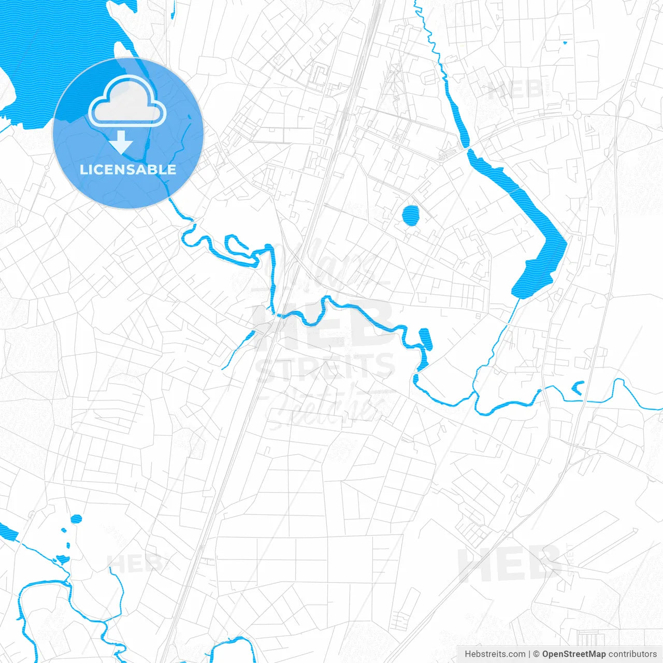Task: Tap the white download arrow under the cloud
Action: (121, 142)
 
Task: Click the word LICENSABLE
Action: (128, 169)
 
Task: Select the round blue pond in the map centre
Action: (410, 215)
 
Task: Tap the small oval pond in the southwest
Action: (76, 518)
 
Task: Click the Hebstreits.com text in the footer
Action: (495, 654)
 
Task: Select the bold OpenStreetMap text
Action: (574, 654)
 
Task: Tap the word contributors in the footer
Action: (632, 654)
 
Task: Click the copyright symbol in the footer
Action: (537, 654)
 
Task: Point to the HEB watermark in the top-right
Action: (515, 90)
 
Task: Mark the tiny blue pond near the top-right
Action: (565, 42)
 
